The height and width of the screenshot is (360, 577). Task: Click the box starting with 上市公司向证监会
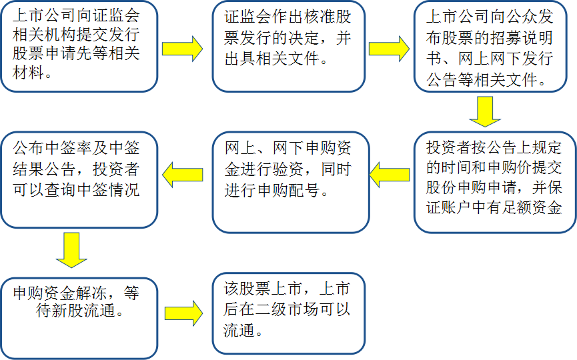(79, 46)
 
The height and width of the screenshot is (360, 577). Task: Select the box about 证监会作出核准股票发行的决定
(289, 46)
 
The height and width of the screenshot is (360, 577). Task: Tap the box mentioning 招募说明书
(494, 46)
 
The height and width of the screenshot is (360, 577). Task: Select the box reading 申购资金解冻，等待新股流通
(79, 317)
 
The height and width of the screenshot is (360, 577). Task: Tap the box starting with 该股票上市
(289, 313)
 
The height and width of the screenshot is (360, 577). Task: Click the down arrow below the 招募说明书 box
(485, 111)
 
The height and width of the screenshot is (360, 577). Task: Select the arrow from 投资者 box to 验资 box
(389, 174)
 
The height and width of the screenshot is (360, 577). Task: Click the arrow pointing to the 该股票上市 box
(182, 313)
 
